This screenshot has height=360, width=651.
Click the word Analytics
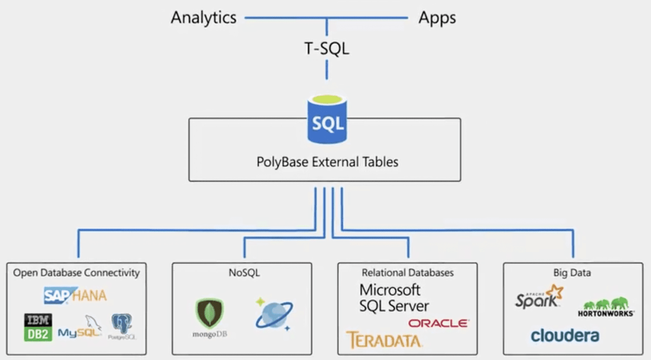203,18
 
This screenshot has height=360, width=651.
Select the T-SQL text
327,49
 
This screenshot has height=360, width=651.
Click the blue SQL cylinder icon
327,120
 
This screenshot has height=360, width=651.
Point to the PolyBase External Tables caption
327,162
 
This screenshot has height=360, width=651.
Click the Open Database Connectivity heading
76,273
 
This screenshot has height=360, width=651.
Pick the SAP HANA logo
75,295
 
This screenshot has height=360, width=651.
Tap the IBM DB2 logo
38,327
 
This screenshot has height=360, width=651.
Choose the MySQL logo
80,328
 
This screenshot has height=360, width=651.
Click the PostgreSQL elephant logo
122,326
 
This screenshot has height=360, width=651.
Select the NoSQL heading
244,273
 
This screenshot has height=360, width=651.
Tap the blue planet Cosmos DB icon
274,314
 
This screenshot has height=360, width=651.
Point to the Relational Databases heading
408,273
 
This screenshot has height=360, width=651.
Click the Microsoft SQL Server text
393,298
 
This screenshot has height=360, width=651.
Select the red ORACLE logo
438,323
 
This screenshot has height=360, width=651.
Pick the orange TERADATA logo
384,340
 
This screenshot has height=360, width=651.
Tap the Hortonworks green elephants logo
606,307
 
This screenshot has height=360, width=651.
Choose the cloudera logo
565,336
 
